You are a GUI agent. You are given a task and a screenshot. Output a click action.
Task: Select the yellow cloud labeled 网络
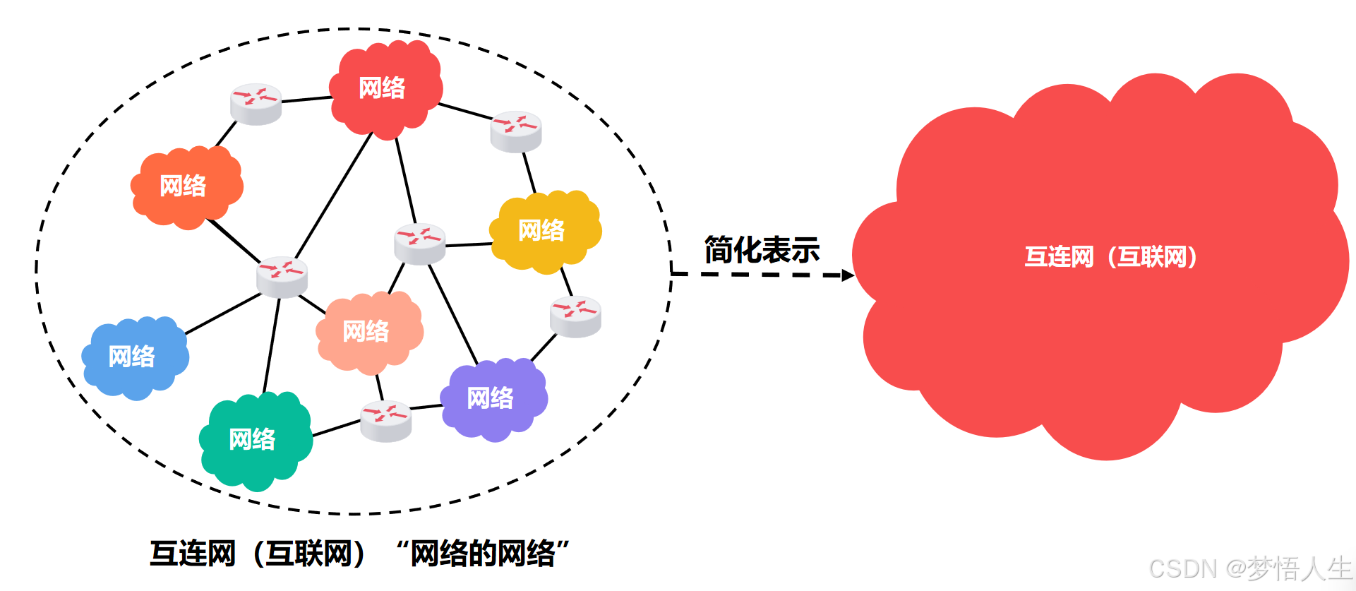544,231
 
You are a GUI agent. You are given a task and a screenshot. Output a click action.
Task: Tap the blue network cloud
134,357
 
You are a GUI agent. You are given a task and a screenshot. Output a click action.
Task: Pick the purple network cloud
493,399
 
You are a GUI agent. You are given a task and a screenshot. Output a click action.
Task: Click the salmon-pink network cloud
368,332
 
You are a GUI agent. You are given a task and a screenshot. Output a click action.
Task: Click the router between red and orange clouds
256,104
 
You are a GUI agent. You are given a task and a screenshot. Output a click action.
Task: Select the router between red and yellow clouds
516,131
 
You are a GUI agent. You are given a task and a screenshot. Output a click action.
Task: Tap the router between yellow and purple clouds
575,316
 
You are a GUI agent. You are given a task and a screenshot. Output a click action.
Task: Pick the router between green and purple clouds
385,421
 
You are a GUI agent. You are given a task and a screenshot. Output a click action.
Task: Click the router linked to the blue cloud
282,277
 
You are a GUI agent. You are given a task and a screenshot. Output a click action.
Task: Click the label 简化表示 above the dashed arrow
762,251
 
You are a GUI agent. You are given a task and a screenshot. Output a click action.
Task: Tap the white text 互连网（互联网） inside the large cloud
1111,257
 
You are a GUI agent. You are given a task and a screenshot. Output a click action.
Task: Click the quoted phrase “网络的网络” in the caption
483,554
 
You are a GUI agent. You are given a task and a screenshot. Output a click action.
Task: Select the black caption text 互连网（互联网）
258,554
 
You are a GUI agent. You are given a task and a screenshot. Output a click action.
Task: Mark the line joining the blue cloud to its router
222,314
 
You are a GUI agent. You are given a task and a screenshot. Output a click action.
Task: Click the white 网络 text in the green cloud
252,439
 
